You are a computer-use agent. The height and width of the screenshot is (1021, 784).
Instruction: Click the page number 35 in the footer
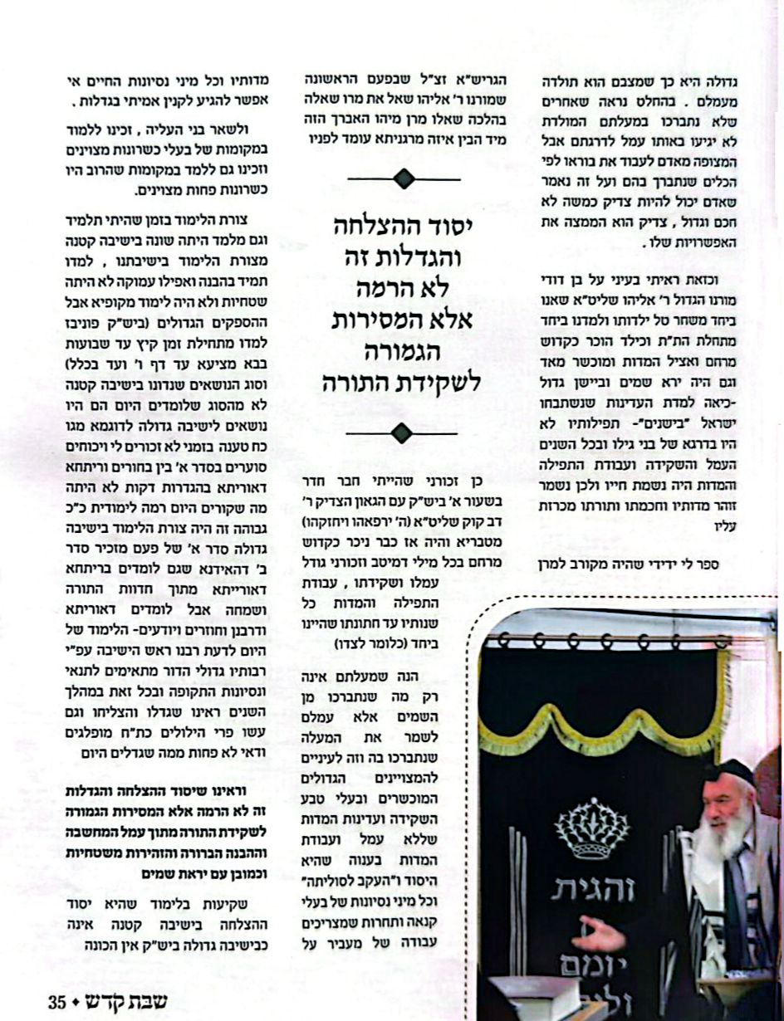click(56, 1000)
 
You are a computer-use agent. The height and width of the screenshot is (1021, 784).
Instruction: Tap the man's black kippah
click(729, 774)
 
